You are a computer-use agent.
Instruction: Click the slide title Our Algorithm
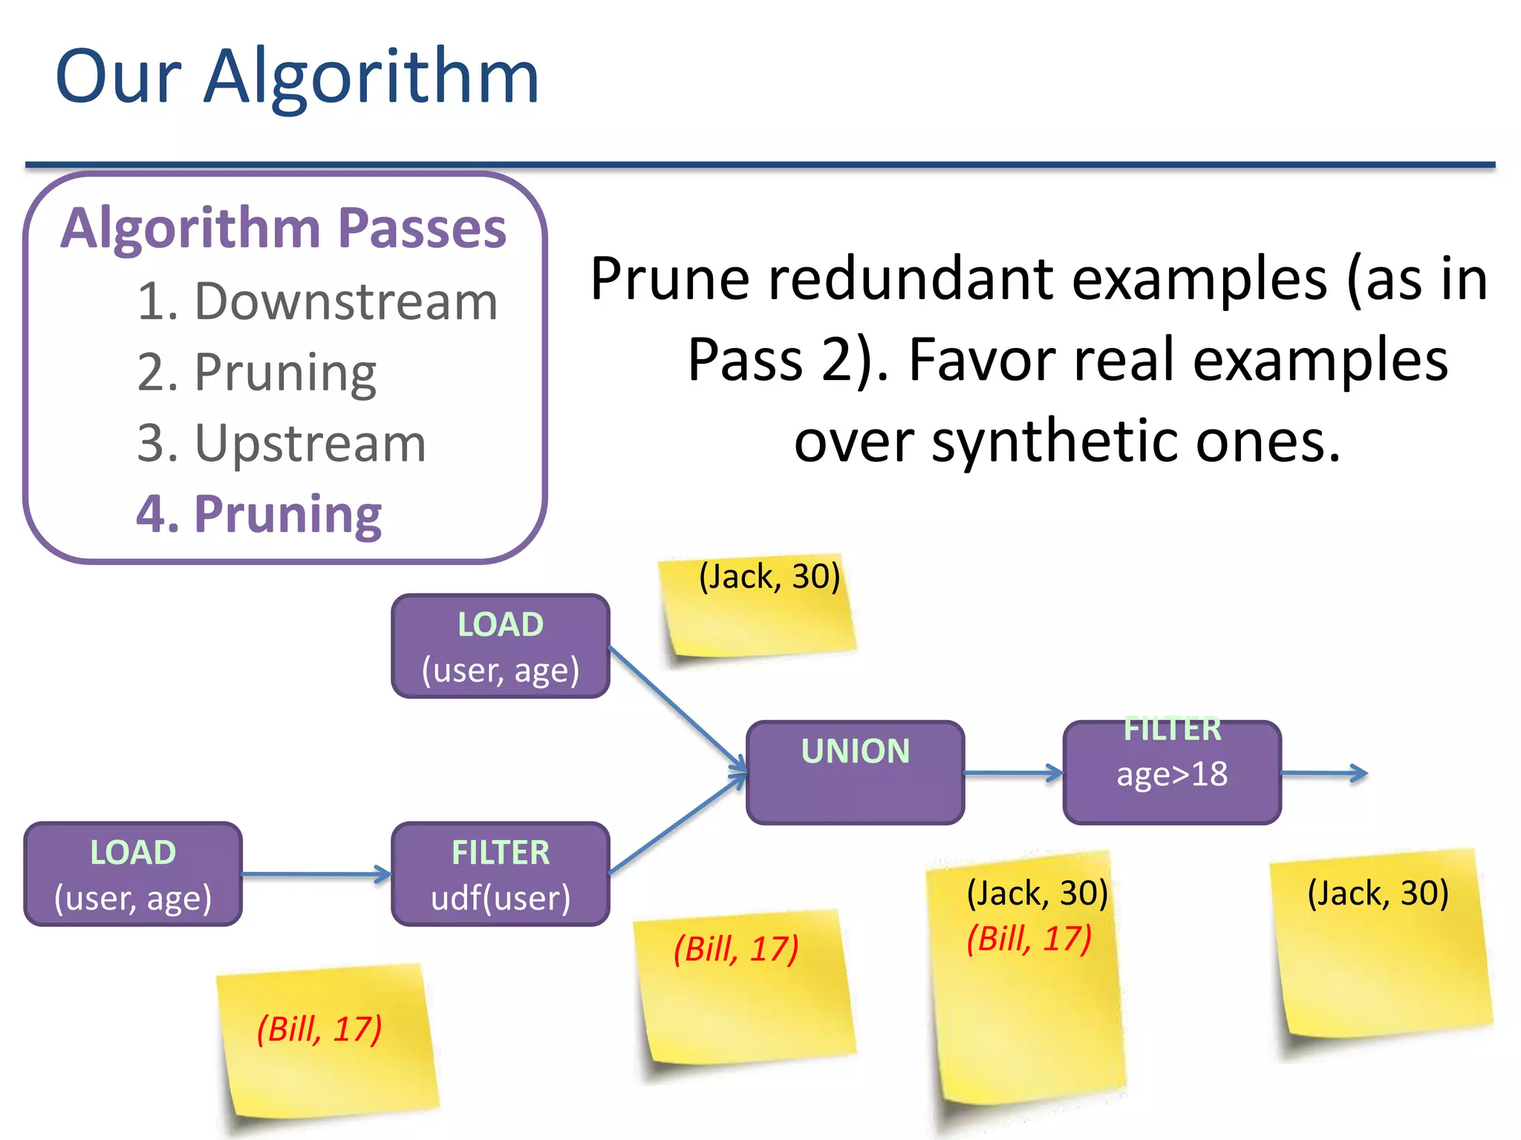[x=297, y=77]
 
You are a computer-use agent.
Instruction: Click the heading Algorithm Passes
[x=284, y=228]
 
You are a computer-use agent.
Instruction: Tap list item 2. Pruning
[x=257, y=372]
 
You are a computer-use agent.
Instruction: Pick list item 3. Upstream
[x=281, y=443]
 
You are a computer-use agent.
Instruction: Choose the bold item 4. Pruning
[x=258, y=514]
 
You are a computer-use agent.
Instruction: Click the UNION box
[x=855, y=772]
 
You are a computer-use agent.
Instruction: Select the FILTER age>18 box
[x=1171, y=772]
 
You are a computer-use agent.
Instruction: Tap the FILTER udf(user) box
[x=501, y=874]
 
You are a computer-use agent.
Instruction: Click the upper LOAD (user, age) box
[x=501, y=646]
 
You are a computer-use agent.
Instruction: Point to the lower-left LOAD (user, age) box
[x=133, y=874]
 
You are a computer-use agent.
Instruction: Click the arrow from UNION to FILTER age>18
[x=1013, y=773]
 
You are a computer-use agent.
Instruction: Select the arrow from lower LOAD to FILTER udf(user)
[x=316, y=874]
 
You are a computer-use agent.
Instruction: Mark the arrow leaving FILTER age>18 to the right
[x=1323, y=773]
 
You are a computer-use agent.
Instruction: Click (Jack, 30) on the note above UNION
[x=769, y=577]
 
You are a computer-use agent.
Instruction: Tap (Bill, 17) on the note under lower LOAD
[x=319, y=1029]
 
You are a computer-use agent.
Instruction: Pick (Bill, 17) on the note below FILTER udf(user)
[x=736, y=949]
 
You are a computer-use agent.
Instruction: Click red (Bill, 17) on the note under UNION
[x=1029, y=939]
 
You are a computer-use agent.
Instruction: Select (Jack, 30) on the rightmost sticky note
[x=1378, y=893]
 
